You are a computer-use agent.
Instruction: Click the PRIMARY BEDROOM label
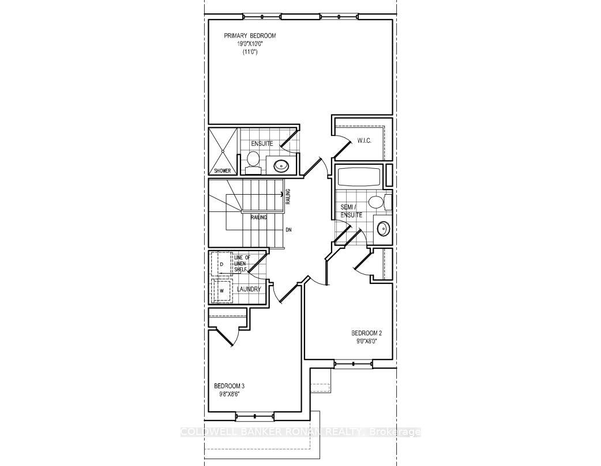click(250, 36)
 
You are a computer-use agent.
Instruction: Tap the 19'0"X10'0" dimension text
click(250, 44)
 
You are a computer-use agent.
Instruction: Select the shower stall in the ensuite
click(223, 150)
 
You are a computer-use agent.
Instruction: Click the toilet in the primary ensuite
click(253, 161)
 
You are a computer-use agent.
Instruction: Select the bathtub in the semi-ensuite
click(359, 176)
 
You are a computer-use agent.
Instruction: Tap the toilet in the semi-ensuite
click(377, 202)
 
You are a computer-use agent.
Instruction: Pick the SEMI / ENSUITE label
click(351, 210)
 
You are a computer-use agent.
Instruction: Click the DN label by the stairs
click(290, 229)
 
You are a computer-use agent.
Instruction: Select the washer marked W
click(221, 290)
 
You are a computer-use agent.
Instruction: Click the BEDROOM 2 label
click(366, 333)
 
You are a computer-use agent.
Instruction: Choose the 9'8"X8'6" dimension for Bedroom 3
click(229, 394)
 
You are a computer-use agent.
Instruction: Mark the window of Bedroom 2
click(354, 363)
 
